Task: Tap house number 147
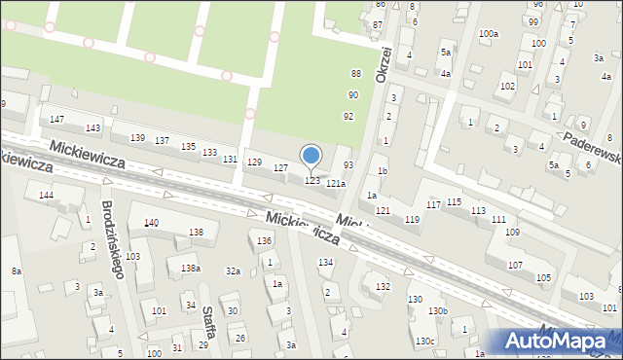(x=57, y=119)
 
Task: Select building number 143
(x=92, y=128)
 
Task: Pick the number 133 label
(x=209, y=153)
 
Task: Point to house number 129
(x=255, y=162)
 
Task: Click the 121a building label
(x=336, y=183)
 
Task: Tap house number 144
(x=46, y=196)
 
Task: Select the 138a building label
(x=190, y=268)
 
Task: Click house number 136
(x=264, y=240)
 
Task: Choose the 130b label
(x=439, y=311)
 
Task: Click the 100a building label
(x=489, y=34)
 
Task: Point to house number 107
(x=516, y=265)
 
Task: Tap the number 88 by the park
(x=356, y=74)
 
